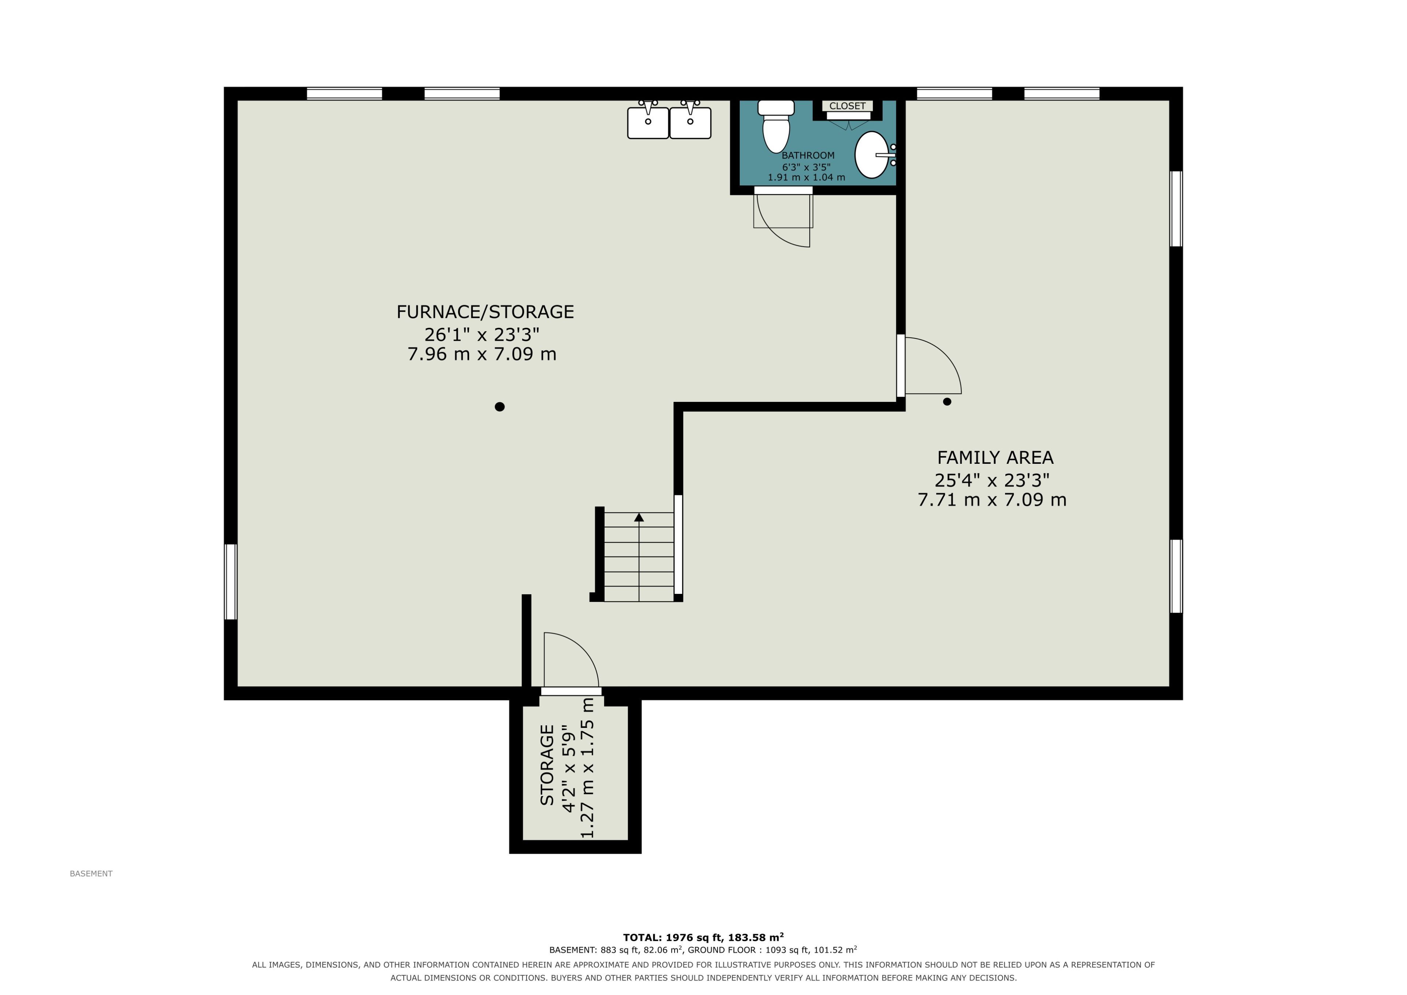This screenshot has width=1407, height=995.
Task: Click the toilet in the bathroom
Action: [776, 126]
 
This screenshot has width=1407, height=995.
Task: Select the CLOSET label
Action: [847, 106]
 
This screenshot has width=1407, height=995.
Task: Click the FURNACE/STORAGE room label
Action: [485, 312]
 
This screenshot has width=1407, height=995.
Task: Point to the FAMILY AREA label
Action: [995, 458]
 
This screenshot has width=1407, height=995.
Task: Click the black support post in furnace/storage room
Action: [499, 407]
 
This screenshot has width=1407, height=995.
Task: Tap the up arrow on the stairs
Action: [639, 517]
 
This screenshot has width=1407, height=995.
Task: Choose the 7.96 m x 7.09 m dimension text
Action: [482, 354]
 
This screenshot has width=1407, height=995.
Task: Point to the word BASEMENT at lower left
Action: [91, 874]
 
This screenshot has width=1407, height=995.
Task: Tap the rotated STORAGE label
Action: [547, 765]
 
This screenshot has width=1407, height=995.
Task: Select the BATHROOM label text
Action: [808, 156]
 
